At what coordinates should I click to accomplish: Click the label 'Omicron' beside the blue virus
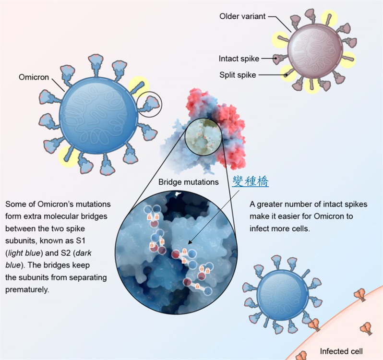(34, 77)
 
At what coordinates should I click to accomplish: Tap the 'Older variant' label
(242, 16)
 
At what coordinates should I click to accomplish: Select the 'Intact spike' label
(239, 59)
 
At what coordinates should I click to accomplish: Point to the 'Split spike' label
(238, 75)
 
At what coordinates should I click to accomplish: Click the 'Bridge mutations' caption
(189, 182)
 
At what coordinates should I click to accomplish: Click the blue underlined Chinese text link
(251, 181)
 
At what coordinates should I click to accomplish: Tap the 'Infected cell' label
(341, 351)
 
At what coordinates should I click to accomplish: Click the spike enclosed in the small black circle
(149, 104)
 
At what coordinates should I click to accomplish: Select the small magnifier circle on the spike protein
(203, 137)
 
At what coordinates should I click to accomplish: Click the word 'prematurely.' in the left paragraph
(27, 289)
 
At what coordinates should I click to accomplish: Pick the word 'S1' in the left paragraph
(81, 241)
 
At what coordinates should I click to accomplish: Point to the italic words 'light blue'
(24, 253)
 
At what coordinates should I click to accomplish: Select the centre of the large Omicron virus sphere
(98, 116)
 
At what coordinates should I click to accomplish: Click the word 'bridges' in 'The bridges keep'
(57, 265)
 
